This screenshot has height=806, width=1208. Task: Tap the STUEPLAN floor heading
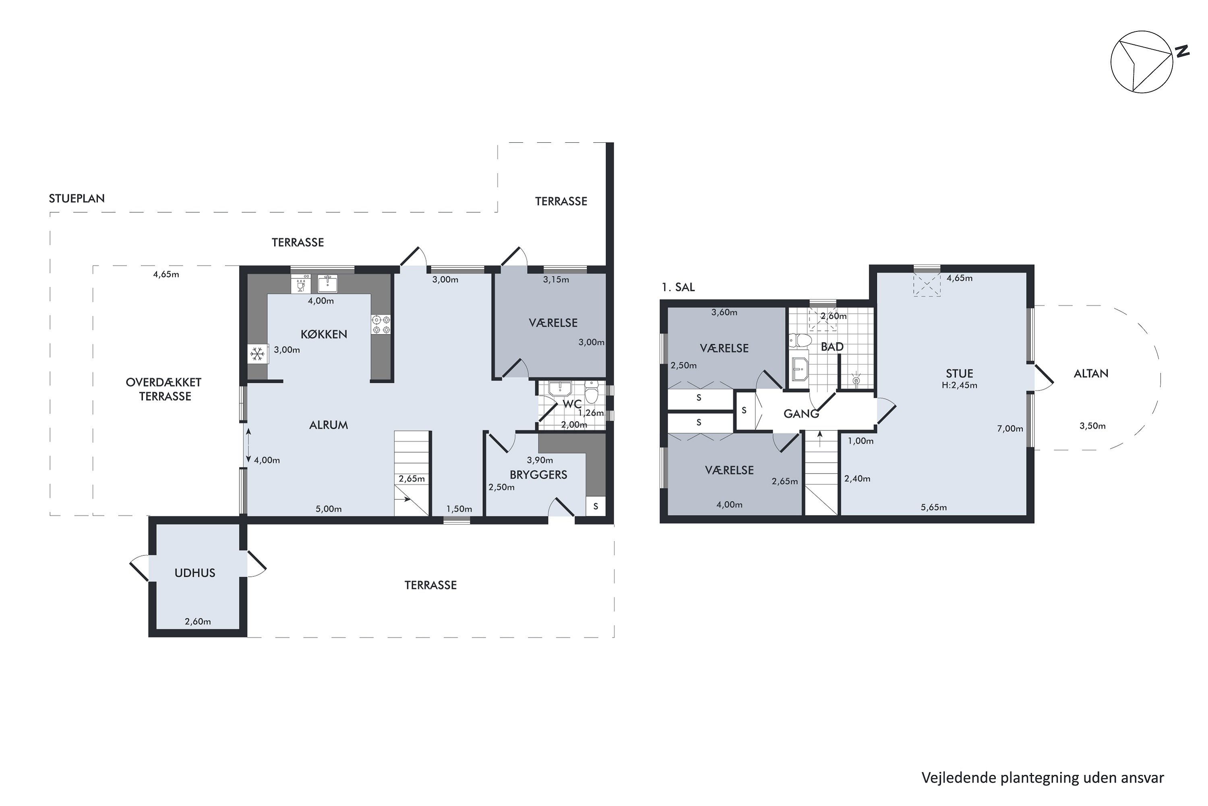pos(77,198)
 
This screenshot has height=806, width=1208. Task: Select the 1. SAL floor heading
pos(678,287)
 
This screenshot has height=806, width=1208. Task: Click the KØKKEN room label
pos(324,334)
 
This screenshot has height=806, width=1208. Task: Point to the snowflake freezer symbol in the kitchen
pos(257,354)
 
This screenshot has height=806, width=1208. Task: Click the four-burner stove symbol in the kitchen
pos(381,324)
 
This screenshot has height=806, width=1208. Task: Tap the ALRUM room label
pos(328,425)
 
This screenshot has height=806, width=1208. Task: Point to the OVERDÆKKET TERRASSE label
pos(164,389)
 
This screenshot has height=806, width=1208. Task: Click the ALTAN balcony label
pos(1091,374)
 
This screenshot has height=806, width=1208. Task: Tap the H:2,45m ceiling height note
pos(960,385)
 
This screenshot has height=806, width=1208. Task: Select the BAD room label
pos(832,347)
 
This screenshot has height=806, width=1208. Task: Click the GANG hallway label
pos(801,414)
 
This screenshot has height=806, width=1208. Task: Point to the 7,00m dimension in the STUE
pos(1010,429)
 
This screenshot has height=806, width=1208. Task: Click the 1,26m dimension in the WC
pos(591,413)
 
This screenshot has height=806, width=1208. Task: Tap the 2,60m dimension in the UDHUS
pos(198,621)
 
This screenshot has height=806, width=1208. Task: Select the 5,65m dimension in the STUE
pos(933,507)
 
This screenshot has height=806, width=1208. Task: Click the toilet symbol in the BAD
pos(800,340)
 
